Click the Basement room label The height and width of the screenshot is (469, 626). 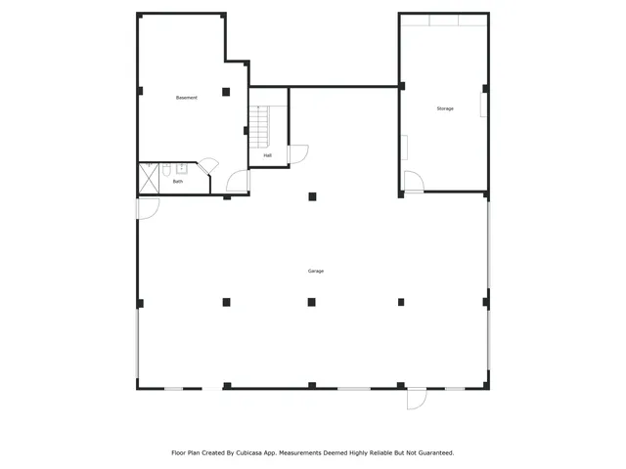tap(186, 98)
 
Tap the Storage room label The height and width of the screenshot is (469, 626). tap(445, 108)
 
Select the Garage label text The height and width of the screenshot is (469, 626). tap(315, 271)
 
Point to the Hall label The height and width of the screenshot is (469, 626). tap(267, 155)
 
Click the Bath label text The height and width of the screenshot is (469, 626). tap(178, 181)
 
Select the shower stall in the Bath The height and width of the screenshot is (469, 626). tap(150, 177)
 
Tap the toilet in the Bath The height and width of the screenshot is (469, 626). tap(166, 168)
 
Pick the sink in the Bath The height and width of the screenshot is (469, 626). tap(181, 168)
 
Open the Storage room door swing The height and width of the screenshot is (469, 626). tap(414, 183)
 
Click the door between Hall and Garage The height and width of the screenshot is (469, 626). tap(297, 154)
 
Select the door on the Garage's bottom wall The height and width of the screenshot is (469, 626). tap(417, 398)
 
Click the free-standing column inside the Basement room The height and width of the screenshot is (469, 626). tap(225, 92)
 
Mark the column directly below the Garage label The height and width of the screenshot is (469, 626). tap(312, 302)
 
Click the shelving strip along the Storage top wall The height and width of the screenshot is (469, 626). tap(443, 20)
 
